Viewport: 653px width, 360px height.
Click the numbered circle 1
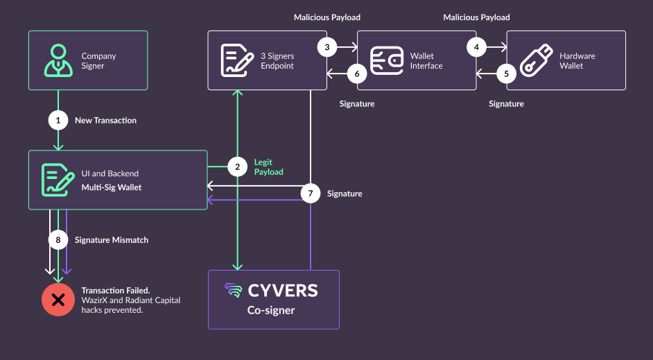click(58, 121)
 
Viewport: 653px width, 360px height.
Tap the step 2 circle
click(237, 166)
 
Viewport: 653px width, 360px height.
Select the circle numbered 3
click(327, 47)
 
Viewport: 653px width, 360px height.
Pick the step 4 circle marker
click(476, 47)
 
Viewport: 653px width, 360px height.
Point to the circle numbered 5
click(507, 74)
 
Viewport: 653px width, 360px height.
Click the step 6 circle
click(357, 74)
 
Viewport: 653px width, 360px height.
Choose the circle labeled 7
click(311, 194)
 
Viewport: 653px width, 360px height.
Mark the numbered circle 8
click(58, 240)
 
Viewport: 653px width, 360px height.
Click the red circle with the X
click(58, 300)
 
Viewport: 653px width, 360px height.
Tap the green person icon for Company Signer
click(58, 60)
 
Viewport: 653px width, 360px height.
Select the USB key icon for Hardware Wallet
click(536, 60)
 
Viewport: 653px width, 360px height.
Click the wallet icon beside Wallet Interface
click(387, 60)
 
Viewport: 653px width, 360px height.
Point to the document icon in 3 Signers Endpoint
click(237, 61)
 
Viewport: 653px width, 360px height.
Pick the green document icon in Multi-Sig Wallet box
click(58, 180)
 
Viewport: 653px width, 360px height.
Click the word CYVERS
click(283, 291)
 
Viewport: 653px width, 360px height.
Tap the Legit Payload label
click(268, 167)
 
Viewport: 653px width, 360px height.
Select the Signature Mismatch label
click(112, 240)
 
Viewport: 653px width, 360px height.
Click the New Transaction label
click(106, 121)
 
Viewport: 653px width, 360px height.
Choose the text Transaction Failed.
click(116, 291)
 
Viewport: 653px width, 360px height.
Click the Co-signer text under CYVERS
click(271, 311)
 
